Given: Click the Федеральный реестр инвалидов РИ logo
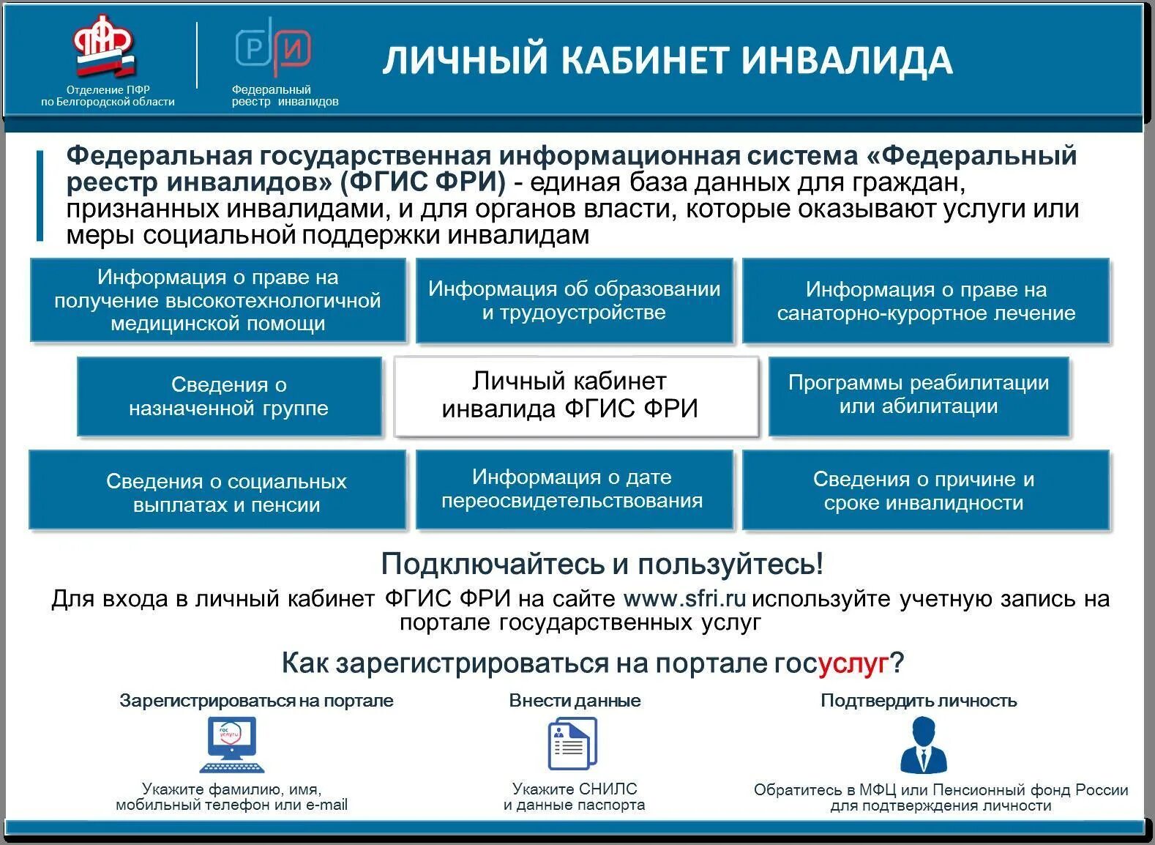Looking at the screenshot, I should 273,48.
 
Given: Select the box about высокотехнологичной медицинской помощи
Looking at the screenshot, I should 217,300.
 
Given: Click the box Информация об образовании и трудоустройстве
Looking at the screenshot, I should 574,300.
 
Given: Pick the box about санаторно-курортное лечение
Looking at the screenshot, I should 926,301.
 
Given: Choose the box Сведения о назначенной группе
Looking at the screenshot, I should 229,396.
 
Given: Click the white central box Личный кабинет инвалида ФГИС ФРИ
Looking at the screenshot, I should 575,395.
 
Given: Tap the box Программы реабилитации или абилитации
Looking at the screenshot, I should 919,395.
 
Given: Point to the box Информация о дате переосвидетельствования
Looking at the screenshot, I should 574,489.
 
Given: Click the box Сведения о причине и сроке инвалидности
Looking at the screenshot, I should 925,490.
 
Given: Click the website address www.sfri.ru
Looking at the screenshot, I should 684,599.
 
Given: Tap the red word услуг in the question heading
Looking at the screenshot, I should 853,664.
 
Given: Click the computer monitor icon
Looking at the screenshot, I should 232,744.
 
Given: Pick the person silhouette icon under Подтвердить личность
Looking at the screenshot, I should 922,744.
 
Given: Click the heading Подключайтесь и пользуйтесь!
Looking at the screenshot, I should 602,564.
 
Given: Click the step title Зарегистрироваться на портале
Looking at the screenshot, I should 256,701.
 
